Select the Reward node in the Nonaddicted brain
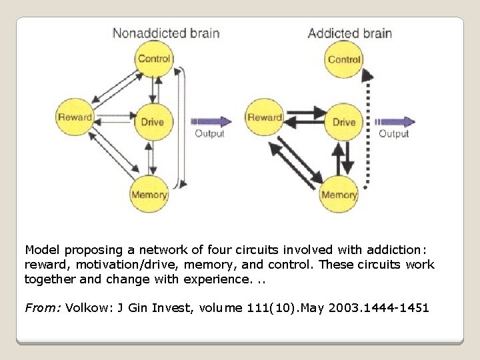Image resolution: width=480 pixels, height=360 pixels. [75, 118]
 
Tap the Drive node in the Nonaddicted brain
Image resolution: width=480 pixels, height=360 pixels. [153, 121]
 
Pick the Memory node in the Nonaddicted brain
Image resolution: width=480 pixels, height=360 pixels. [149, 195]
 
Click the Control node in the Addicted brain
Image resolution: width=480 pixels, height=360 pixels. [344, 59]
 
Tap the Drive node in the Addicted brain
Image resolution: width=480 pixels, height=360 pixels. [344, 121]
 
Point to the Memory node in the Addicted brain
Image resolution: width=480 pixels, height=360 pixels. [339, 195]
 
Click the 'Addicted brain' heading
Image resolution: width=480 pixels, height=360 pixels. [349, 32]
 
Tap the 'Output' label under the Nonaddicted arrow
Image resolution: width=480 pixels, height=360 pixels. [209, 134]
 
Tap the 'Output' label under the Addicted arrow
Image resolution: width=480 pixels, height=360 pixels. [394, 134]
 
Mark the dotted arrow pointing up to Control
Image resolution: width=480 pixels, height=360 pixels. [367, 127]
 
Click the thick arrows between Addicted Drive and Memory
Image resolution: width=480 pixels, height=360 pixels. [342, 159]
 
